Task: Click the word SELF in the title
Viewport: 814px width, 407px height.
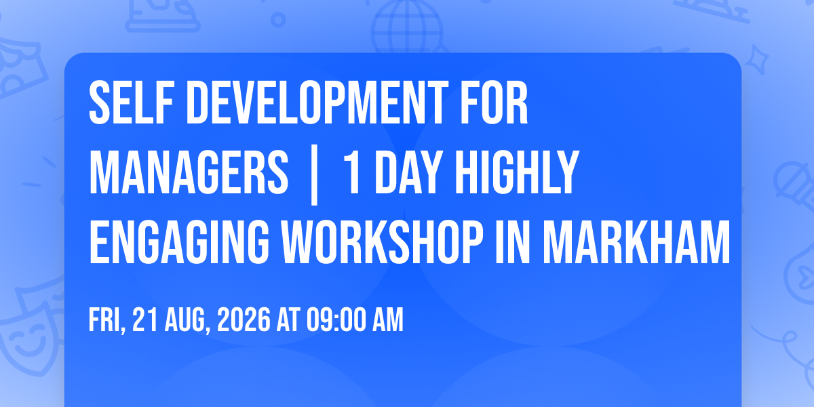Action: click(130, 103)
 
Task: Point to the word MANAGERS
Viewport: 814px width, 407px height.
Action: click(189, 173)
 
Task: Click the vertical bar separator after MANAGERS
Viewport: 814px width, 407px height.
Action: click(315, 175)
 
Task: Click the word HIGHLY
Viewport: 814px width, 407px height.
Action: click(517, 173)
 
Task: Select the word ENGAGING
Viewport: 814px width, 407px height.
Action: click(179, 242)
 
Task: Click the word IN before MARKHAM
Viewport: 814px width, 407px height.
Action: click(512, 242)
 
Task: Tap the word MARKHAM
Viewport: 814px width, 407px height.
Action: click(636, 242)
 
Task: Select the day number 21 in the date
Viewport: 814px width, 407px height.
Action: click(145, 319)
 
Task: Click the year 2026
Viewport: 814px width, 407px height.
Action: click(244, 319)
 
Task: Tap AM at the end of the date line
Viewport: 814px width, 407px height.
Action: click(388, 319)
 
